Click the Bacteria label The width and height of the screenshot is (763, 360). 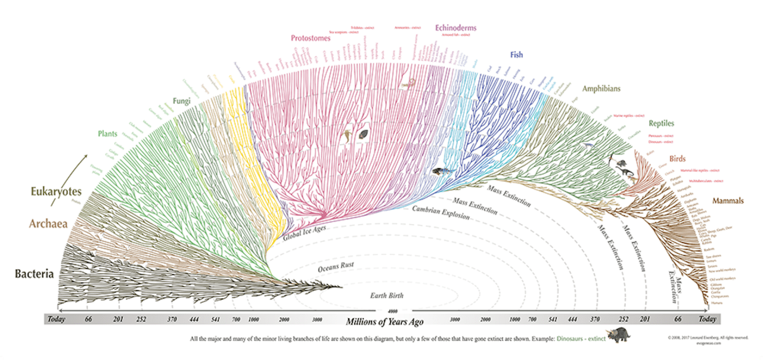(35, 275)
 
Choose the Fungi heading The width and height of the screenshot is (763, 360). (182, 101)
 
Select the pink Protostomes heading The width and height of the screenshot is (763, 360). (312, 38)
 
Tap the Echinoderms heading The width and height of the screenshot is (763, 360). (456, 27)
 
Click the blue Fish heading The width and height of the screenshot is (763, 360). (516, 55)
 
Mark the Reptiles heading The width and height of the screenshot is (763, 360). (661, 123)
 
